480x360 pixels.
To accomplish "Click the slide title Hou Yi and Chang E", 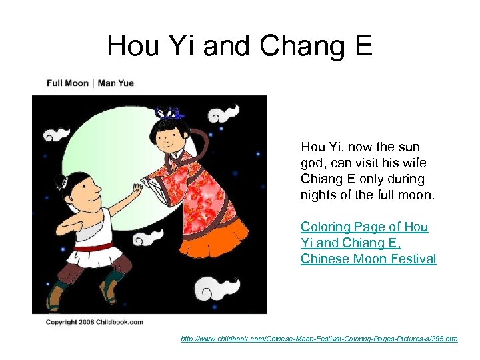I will click(239, 45).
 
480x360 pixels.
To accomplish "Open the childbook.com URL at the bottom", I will click(319, 339).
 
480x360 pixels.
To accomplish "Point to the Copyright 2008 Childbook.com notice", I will click(94, 322).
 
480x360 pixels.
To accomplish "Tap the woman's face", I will click(166, 137).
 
